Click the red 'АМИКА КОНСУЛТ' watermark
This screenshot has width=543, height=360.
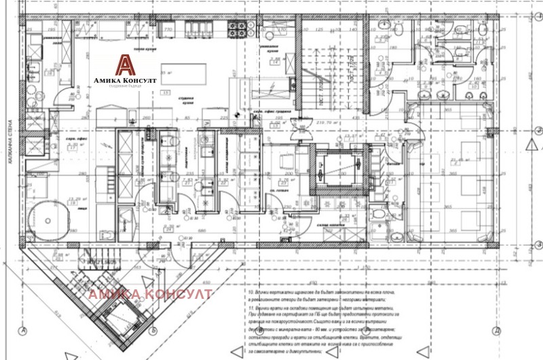click(151, 294)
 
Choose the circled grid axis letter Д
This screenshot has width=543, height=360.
click(498, 331)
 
